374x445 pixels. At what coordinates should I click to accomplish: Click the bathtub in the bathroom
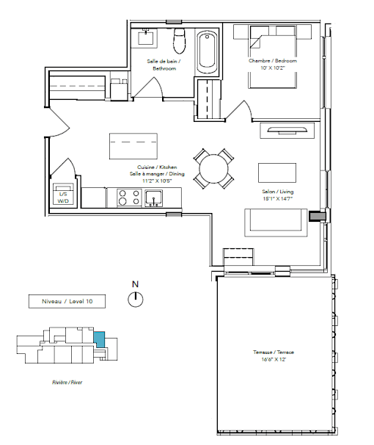click(207, 52)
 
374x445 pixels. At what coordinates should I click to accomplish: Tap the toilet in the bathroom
click(179, 40)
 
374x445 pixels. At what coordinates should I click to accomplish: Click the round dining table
click(213, 169)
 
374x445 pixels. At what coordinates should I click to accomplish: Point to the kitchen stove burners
click(129, 198)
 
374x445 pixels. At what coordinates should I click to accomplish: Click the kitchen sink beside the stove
click(154, 198)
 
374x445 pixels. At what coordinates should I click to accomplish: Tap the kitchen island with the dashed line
click(133, 146)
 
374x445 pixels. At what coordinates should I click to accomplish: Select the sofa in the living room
click(276, 222)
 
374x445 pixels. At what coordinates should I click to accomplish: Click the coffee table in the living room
click(276, 173)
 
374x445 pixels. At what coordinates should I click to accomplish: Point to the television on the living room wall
click(287, 130)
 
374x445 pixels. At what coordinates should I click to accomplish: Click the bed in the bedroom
click(273, 57)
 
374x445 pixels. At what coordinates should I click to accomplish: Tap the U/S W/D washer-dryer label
click(63, 198)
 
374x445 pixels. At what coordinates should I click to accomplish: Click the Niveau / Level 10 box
click(67, 301)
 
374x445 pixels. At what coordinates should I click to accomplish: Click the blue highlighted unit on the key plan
click(99, 339)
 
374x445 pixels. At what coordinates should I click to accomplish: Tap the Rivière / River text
click(67, 383)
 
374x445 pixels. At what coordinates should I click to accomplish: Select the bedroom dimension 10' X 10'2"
click(273, 68)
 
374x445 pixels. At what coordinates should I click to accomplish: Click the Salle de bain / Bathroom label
click(164, 65)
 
